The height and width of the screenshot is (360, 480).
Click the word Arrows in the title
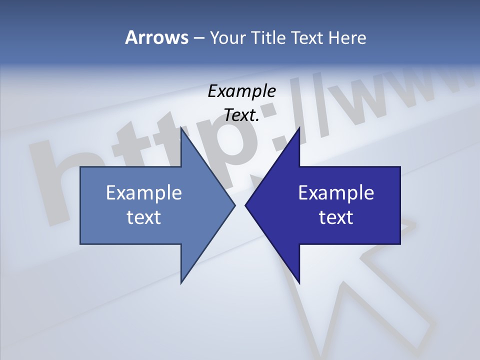click(x=156, y=37)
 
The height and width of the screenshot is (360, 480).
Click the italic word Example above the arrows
click(x=241, y=91)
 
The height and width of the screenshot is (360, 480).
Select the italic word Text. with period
click(x=241, y=115)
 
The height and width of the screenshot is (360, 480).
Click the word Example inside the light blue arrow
click(x=144, y=193)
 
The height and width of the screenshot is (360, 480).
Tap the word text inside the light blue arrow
click(x=144, y=217)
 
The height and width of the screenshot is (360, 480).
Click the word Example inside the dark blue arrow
click(x=336, y=193)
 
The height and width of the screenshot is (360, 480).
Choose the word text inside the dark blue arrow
click(x=336, y=217)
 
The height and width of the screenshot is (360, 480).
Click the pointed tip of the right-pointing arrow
click(x=234, y=205)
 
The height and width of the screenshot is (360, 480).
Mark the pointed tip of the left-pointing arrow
click(x=245, y=205)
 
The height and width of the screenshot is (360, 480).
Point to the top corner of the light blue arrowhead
click(x=181, y=128)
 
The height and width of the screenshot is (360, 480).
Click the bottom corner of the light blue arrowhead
click(x=181, y=283)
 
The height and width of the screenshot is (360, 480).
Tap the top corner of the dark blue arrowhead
click(x=299, y=128)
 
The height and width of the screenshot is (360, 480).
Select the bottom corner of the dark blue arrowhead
click(x=299, y=283)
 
